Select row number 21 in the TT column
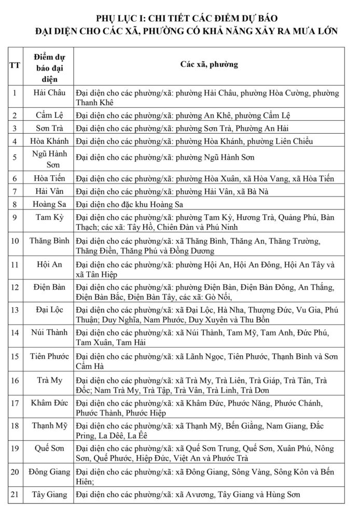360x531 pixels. (x=15, y=494)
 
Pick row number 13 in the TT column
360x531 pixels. (x=15, y=310)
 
